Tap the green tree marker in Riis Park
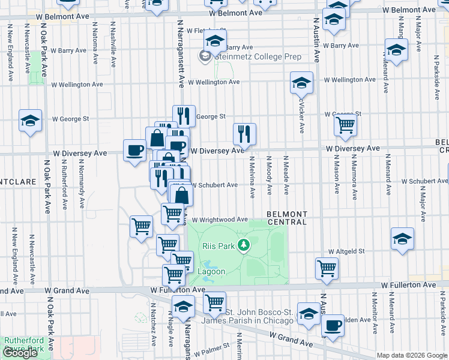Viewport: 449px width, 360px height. coord(243,244)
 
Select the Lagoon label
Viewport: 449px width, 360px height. coord(212,271)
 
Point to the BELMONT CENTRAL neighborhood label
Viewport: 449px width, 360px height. coord(287,218)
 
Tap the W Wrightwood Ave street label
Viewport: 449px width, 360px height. coord(220,220)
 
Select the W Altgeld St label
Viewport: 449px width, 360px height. coord(347,252)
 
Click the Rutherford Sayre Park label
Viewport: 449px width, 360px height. coord(24,344)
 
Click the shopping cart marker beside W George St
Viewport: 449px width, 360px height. coord(345,125)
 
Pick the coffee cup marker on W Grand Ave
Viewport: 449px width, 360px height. coord(333,325)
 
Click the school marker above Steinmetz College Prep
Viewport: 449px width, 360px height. coord(214,41)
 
